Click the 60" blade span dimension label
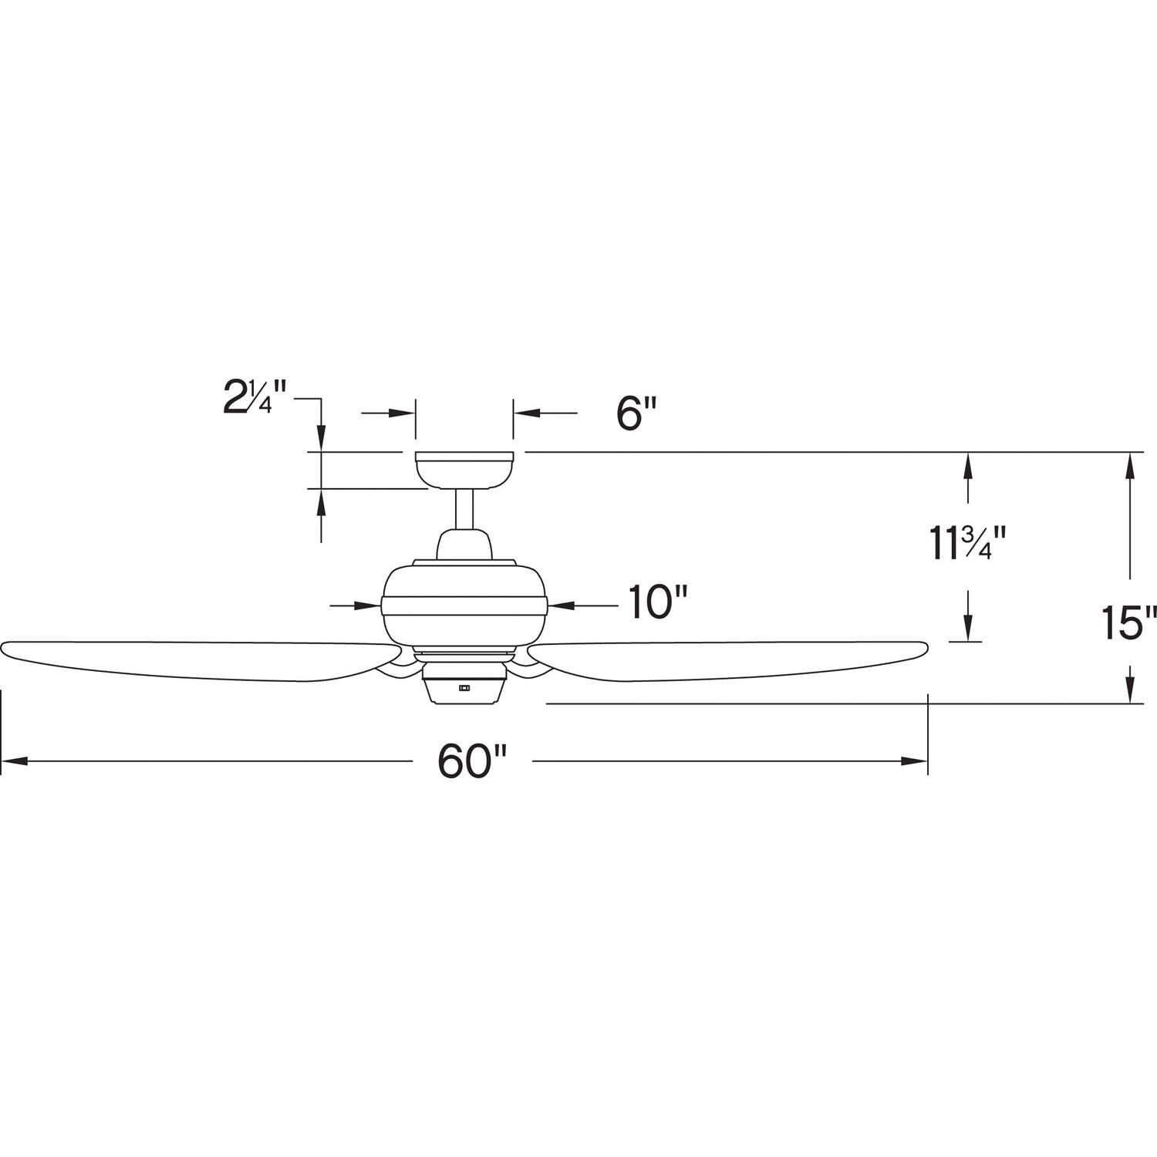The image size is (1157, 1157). click(x=471, y=762)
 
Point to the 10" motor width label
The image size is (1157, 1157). click(x=656, y=602)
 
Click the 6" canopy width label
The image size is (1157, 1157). click(x=636, y=414)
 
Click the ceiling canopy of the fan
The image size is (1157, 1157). click(x=464, y=469)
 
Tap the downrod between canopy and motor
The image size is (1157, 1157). click(x=464, y=509)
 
